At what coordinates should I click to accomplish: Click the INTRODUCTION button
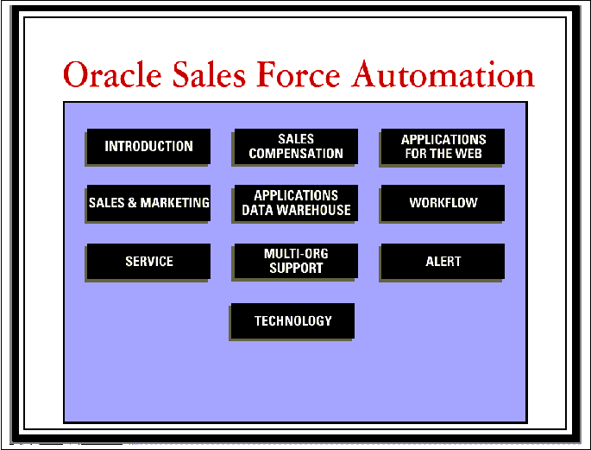tap(148, 146)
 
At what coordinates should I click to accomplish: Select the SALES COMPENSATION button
tap(296, 146)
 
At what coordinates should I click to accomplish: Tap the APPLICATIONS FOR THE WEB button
tap(443, 146)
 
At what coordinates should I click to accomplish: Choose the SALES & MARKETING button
tap(148, 203)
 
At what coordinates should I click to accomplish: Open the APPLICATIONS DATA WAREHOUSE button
tap(296, 203)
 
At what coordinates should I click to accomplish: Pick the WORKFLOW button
tap(443, 203)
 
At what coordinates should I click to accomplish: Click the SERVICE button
tap(148, 262)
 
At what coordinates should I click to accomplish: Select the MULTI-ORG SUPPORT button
tap(296, 262)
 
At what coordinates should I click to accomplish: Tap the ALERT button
tap(443, 262)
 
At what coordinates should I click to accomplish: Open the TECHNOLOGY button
tap(292, 321)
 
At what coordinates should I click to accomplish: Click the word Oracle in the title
tap(112, 74)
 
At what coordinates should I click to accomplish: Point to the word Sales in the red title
tap(209, 74)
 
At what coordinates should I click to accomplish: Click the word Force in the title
tap(299, 74)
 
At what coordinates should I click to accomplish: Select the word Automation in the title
tap(443, 74)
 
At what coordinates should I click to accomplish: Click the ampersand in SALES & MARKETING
tap(132, 203)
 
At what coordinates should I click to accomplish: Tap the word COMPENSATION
tap(296, 154)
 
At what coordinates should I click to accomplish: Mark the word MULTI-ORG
tap(296, 254)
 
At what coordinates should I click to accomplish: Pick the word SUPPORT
tap(296, 269)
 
